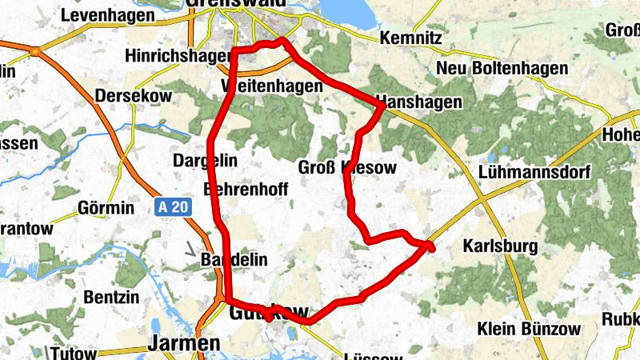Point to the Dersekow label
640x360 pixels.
[129, 96]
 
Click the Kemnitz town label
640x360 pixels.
[410, 38]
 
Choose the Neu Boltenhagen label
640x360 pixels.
[494, 70]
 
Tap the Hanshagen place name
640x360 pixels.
[418, 102]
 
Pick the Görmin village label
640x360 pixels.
[106, 208]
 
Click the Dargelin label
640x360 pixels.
[205, 161]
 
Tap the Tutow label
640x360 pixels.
[72, 354]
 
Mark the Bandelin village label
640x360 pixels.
[232, 261]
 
